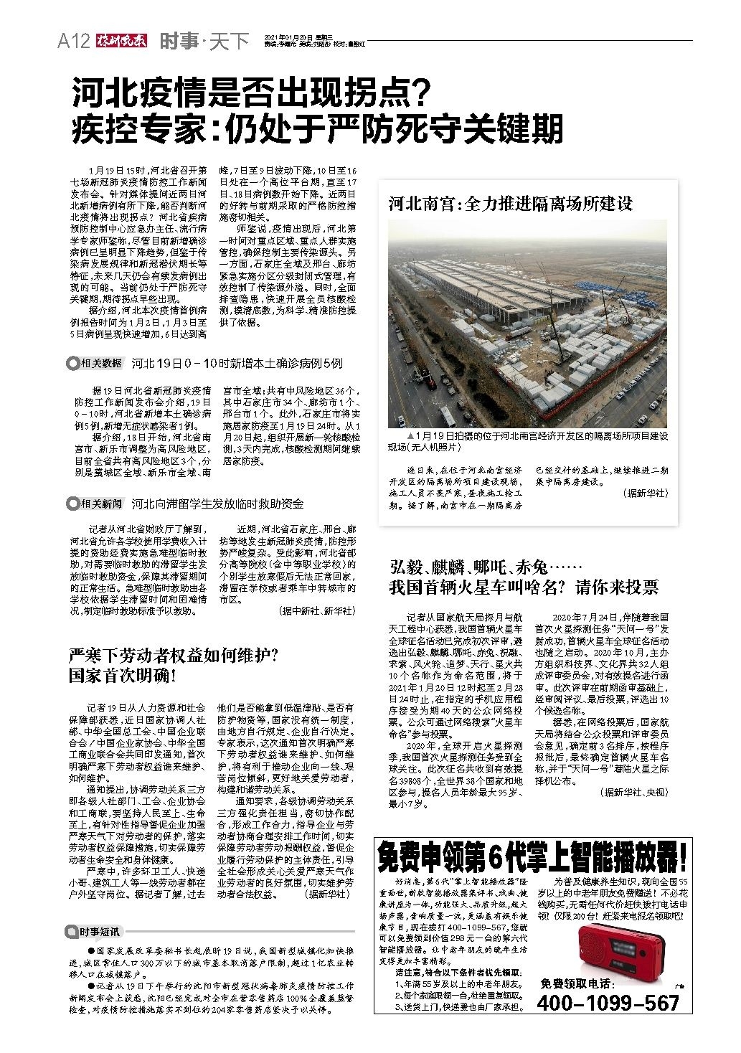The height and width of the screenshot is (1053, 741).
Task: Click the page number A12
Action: [x=73, y=42]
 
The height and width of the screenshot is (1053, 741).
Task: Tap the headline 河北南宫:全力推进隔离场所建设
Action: [x=510, y=204]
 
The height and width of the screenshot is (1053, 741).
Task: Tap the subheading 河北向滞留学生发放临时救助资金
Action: [x=217, y=504]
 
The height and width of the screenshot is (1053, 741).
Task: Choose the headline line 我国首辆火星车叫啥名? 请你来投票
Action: [x=523, y=587]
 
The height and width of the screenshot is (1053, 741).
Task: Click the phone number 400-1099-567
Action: [x=608, y=1002]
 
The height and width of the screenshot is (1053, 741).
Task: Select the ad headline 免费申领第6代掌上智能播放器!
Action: [x=534, y=855]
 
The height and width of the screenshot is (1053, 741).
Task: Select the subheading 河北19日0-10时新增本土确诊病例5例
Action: [x=237, y=363]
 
